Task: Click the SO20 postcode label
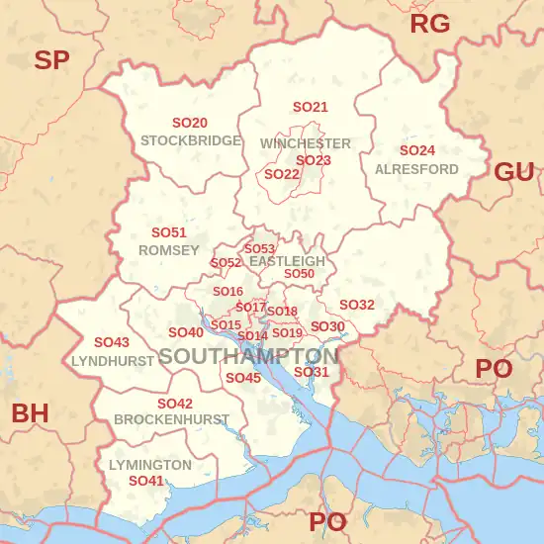pos(190,124)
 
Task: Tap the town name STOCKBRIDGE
pos(191,140)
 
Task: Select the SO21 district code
pos(310,107)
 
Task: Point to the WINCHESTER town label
pos(306,143)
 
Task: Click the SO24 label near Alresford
pos(416,150)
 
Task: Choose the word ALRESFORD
pos(416,169)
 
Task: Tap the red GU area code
pos(513,172)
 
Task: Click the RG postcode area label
pos(429,24)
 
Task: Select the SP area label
pos(51,60)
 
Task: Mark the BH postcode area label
pos(30,413)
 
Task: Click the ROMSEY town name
pos(169,250)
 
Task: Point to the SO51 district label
pos(169,232)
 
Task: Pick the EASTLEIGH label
pos(287,261)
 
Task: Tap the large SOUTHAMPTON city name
pos(248,356)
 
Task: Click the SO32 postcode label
pos(357,305)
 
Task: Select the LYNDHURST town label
pos(113,361)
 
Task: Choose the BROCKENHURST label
pos(172,419)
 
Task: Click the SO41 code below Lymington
pos(146,481)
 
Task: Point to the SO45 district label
pos(243,378)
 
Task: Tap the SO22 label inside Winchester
pos(282,174)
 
